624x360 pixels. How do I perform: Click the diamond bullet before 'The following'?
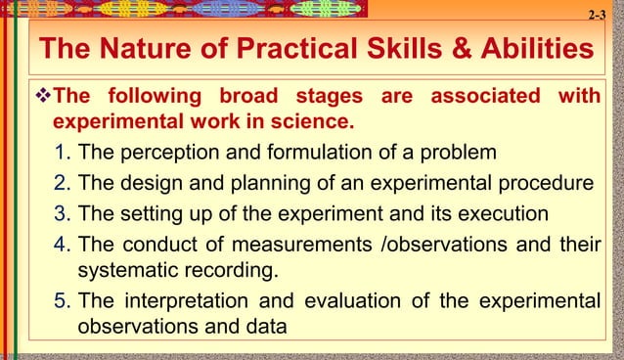click(x=41, y=98)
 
